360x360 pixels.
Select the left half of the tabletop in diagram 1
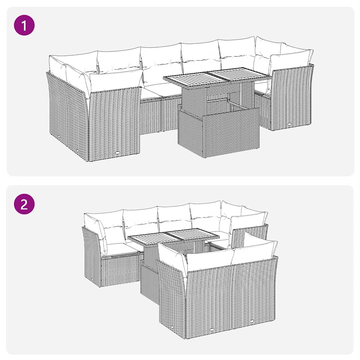pyautogui.click(x=186, y=78)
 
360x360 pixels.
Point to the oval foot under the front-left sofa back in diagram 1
pyautogui.click(x=117, y=153)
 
